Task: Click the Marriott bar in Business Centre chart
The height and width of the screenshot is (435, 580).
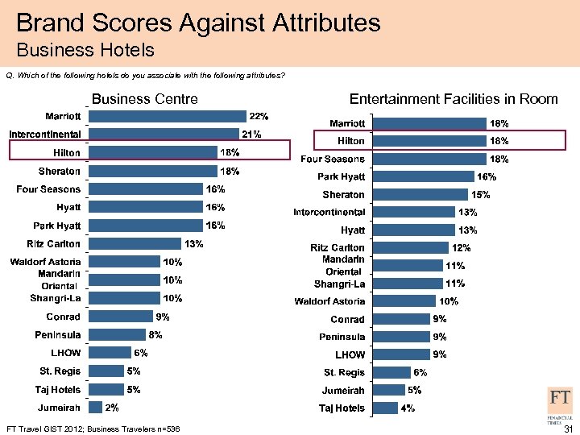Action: (x=168, y=115)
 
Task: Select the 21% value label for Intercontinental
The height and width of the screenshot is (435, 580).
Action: (x=253, y=134)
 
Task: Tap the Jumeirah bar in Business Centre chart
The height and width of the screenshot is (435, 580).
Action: (x=96, y=408)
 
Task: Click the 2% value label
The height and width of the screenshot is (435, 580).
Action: (x=112, y=408)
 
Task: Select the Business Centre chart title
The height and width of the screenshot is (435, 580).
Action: (x=146, y=99)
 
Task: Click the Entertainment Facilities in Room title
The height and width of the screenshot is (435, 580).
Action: (x=454, y=99)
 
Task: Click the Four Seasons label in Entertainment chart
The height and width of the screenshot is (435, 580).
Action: (x=333, y=159)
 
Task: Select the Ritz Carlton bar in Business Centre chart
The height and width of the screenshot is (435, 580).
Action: (x=135, y=243)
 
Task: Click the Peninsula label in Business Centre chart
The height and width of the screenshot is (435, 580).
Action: (x=57, y=334)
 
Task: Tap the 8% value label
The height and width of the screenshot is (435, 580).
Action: (x=155, y=334)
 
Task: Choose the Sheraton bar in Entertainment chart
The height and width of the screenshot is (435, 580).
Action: (x=419, y=195)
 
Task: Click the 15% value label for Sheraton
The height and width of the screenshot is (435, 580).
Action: (x=481, y=195)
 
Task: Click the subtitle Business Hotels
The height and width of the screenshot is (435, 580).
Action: (x=85, y=51)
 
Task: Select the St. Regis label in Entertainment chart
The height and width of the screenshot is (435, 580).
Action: (x=344, y=373)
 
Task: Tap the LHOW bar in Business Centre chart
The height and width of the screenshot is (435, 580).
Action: (x=110, y=353)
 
